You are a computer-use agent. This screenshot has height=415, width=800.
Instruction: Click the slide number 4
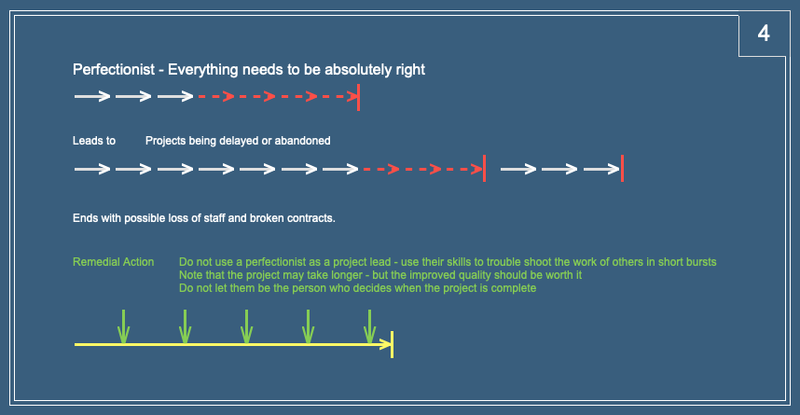(764, 34)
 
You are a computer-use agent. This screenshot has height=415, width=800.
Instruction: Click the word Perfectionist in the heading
(113, 69)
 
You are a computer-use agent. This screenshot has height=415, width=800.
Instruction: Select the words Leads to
(94, 141)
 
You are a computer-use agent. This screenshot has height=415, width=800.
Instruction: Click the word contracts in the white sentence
(310, 218)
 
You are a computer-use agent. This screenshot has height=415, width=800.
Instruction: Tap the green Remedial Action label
(113, 262)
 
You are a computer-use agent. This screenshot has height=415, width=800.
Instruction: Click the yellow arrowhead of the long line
(385, 344)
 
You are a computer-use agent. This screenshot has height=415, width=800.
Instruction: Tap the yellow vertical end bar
(392, 344)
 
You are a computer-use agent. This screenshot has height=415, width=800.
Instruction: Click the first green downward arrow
(123, 326)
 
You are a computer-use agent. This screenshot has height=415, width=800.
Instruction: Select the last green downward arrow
(369, 326)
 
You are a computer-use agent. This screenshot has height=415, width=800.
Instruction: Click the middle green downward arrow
(246, 326)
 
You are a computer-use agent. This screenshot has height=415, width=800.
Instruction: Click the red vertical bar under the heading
(359, 97)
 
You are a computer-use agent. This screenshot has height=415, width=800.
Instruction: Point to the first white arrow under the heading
(92, 96)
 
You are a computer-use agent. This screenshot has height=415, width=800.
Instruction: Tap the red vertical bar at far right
(623, 169)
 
